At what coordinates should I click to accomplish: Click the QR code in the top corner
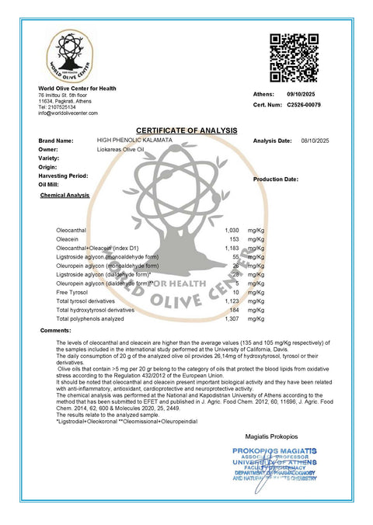click(294, 58)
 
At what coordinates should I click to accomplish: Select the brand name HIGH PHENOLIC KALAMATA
click(133, 141)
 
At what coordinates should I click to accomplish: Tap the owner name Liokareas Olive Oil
click(121, 149)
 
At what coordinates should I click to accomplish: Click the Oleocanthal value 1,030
click(231, 231)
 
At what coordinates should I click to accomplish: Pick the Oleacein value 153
click(233, 240)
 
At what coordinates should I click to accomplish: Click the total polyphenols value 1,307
click(231, 319)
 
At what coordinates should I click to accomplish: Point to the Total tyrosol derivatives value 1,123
click(231, 301)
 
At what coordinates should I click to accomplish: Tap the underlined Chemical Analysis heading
click(64, 196)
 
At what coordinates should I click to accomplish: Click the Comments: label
click(54, 332)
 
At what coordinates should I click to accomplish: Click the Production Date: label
click(275, 179)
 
